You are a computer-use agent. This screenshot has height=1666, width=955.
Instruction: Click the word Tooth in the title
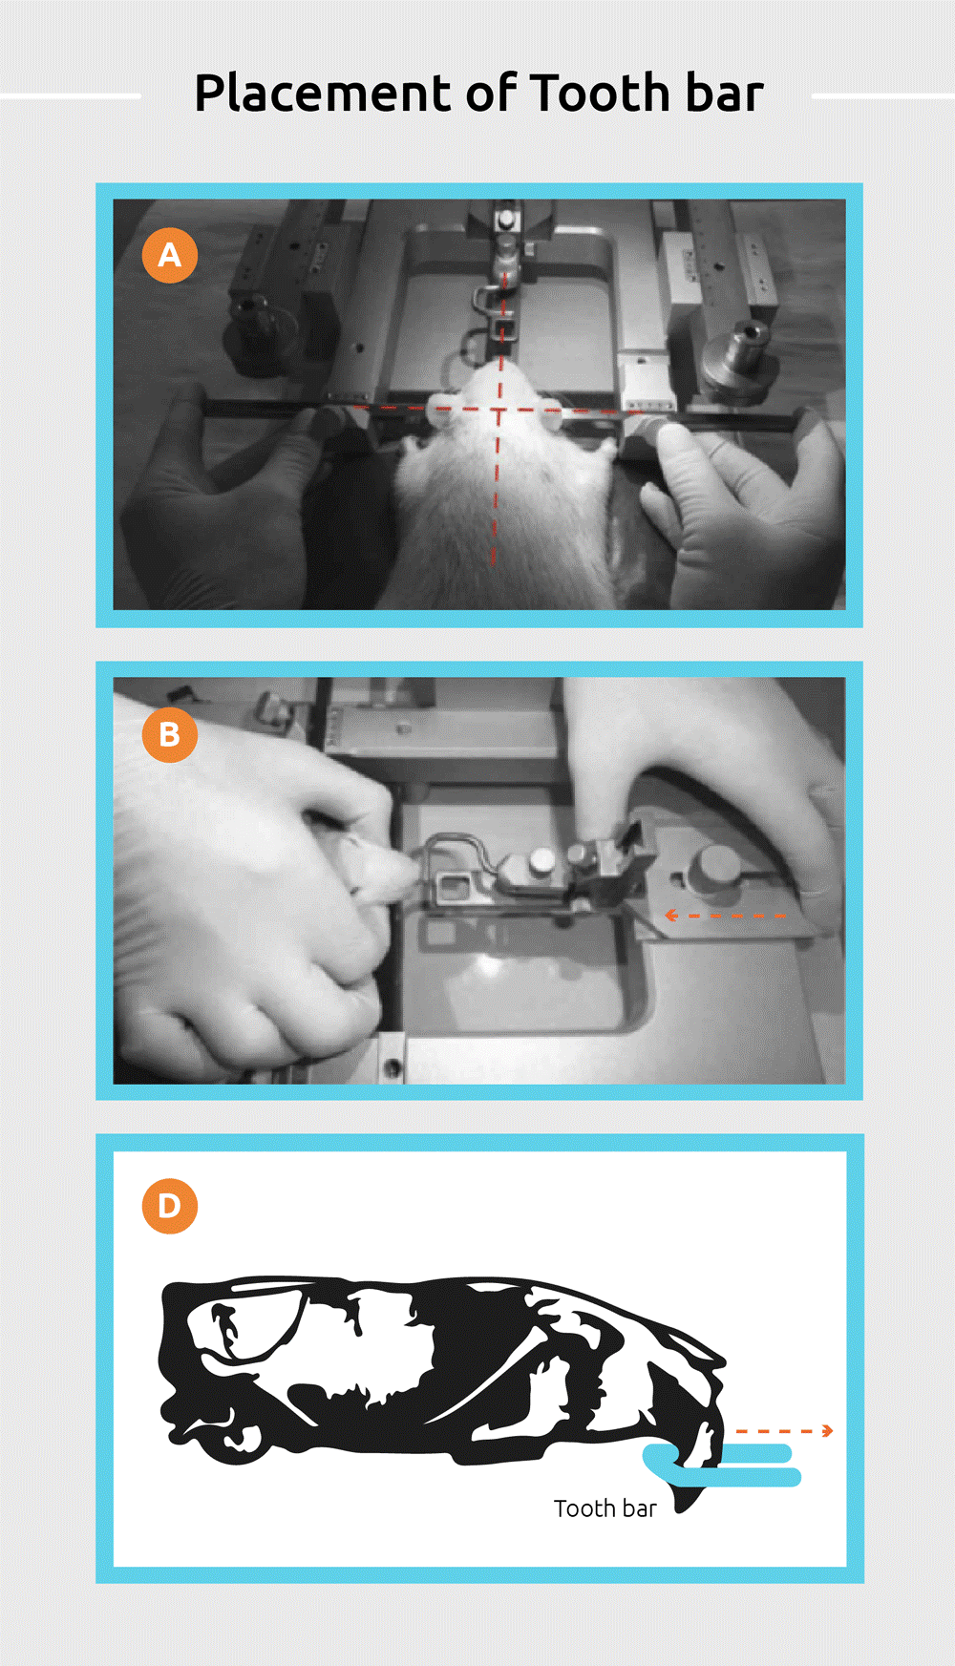pos(600,94)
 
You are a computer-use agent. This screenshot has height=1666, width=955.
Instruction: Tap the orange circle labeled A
pos(170,255)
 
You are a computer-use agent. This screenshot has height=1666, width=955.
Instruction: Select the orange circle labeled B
pos(170,734)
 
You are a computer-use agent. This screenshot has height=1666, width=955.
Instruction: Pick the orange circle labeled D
pos(170,1206)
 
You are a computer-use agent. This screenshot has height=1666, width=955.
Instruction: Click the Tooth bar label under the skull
pos(605,1508)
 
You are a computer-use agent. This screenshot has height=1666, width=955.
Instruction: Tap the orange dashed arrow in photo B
pos(726,916)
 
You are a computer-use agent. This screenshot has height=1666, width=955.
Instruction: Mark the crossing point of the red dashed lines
pos(499,410)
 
